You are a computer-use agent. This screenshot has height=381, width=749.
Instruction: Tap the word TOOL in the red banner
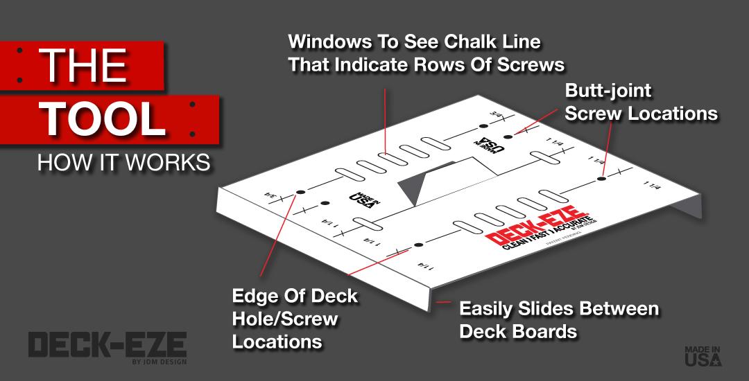(105, 119)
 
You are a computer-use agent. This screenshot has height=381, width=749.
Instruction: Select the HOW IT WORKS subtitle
(123, 163)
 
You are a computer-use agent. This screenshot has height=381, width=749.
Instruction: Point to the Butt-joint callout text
(608, 91)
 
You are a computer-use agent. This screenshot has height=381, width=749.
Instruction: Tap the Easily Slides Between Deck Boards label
(558, 319)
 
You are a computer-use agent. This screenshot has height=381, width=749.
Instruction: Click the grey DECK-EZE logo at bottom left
(107, 344)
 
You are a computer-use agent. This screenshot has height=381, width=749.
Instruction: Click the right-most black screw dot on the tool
(601, 179)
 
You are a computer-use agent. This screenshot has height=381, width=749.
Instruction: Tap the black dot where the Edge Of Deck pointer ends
(300, 192)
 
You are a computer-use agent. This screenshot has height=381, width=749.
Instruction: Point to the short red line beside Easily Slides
(443, 303)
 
